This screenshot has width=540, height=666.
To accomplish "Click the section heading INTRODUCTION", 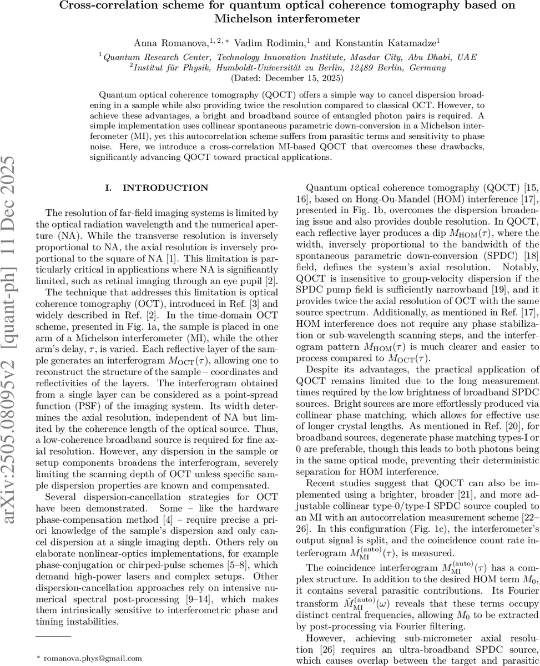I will coord(165,188).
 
